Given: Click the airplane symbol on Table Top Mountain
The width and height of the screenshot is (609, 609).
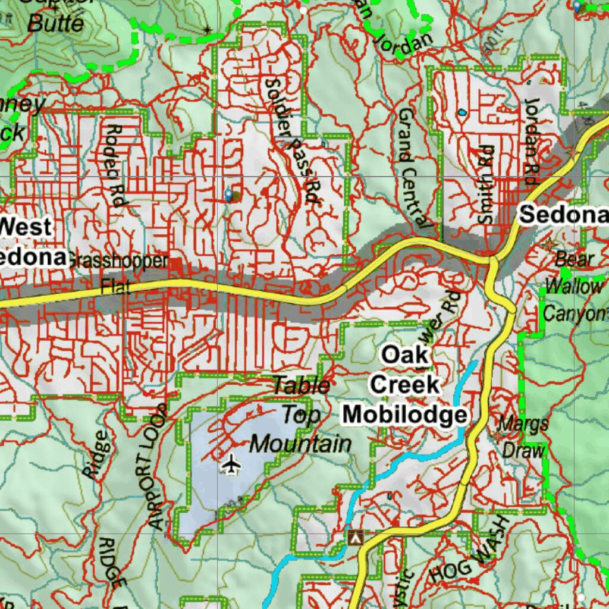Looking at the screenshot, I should [x=230, y=464].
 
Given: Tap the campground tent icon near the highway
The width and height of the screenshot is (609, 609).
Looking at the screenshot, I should [x=356, y=537].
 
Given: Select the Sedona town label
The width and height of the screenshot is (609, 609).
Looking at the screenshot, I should [x=564, y=215].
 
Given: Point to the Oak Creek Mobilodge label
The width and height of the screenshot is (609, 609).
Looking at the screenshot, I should [x=405, y=385].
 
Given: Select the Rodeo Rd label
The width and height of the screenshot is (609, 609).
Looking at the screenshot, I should [x=116, y=165].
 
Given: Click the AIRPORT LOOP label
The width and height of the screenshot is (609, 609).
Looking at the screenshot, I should [x=157, y=467].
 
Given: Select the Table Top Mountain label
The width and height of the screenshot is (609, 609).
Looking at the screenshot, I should [x=301, y=415].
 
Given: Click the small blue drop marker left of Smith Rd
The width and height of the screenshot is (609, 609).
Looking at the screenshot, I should [x=462, y=112].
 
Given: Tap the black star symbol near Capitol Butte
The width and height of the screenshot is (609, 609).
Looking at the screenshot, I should [x=207, y=29].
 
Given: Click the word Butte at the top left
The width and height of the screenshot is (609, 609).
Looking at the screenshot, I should [x=56, y=23].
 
